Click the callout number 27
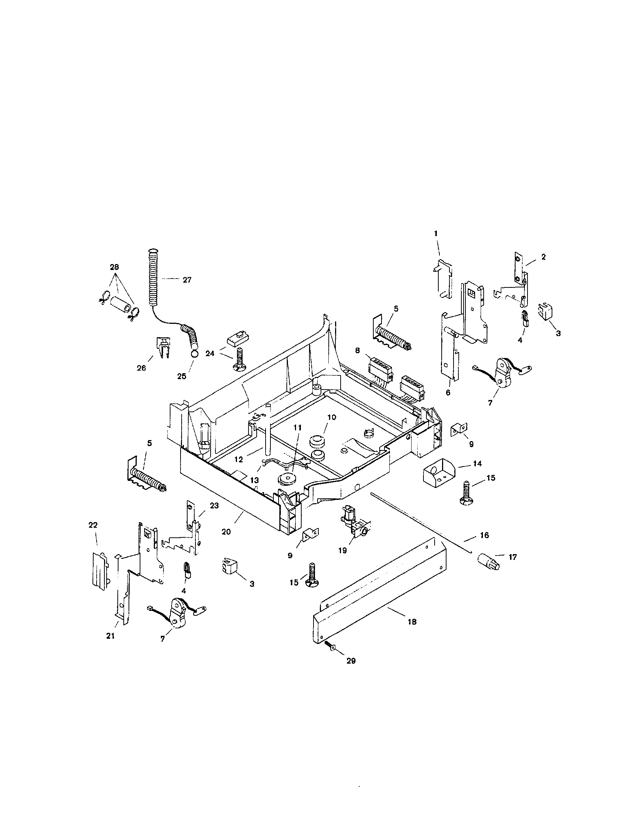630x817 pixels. pyautogui.click(x=187, y=280)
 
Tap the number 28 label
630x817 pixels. pyautogui.click(x=114, y=267)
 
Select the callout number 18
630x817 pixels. pyautogui.click(x=412, y=622)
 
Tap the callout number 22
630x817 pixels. pyautogui.click(x=93, y=525)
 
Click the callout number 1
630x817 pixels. pyautogui.click(x=435, y=233)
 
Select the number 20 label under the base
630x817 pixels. pyautogui.click(x=226, y=531)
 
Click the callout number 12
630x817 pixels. pyautogui.click(x=238, y=460)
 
